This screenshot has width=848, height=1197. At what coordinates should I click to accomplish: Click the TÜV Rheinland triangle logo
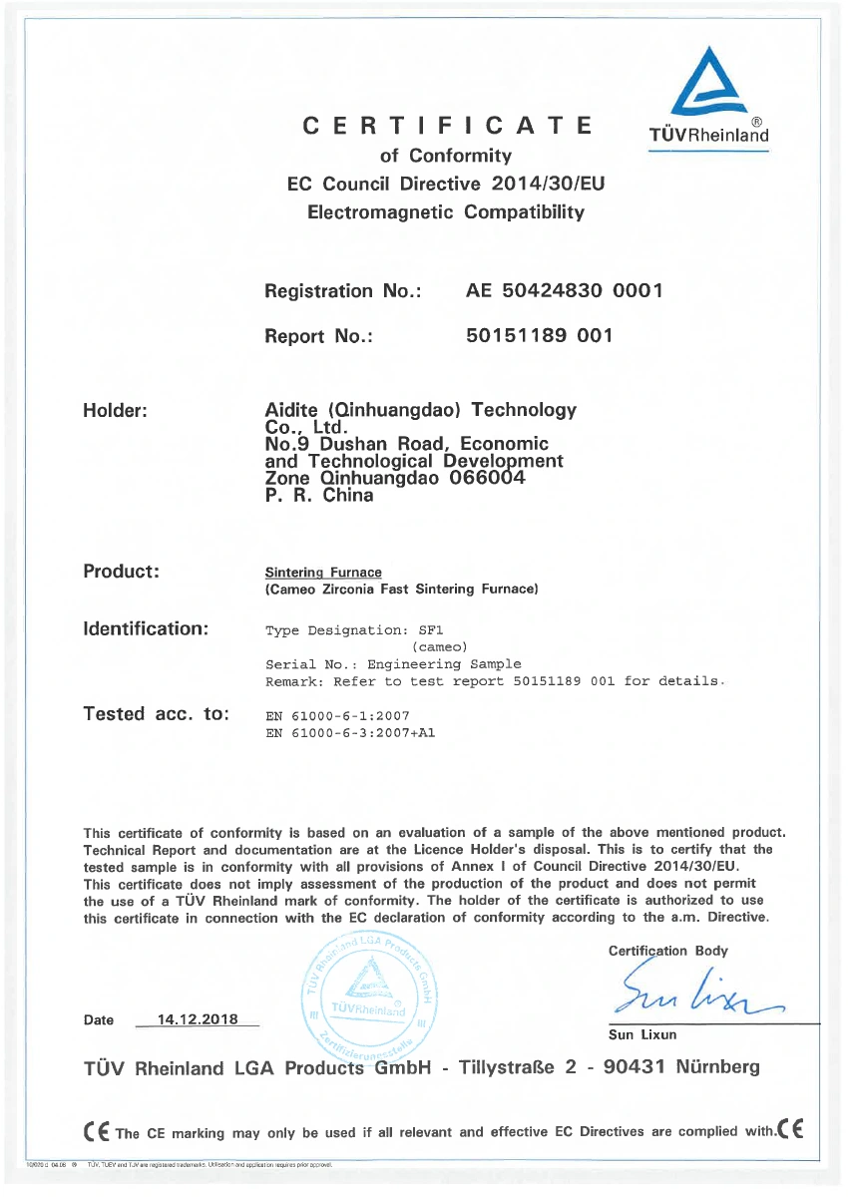point(708,83)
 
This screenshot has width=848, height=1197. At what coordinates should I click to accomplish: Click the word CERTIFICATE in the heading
point(448,127)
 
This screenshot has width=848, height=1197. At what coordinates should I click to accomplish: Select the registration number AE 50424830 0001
point(564,291)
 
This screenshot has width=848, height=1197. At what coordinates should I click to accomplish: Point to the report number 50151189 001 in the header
point(539,336)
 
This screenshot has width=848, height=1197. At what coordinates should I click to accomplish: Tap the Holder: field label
point(116,410)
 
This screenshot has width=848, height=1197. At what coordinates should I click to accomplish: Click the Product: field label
point(122,572)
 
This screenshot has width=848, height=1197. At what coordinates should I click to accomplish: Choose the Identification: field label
point(146,628)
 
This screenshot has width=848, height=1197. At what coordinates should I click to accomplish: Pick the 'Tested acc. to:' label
point(157,714)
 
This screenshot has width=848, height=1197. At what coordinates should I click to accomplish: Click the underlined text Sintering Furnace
point(323,573)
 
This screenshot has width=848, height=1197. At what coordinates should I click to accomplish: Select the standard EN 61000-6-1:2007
point(337,716)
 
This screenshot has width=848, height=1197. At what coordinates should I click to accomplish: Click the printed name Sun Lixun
point(642,1035)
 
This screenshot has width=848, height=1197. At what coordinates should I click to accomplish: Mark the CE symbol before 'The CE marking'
point(97,1131)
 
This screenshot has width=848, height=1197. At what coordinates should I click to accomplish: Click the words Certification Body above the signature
point(667,951)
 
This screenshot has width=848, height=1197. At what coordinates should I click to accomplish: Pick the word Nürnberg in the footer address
point(717,1068)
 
